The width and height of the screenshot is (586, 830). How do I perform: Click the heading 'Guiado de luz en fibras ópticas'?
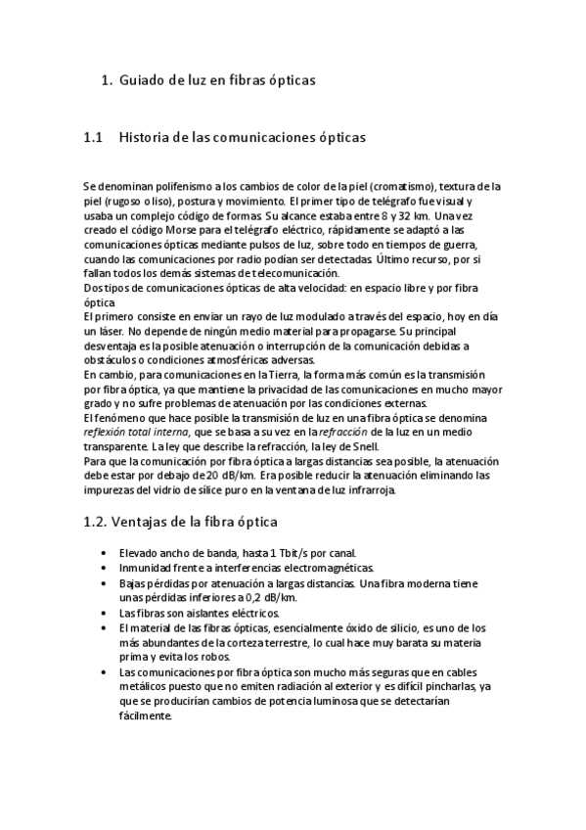[x=217, y=80]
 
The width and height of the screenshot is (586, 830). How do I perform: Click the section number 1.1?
[x=94, y=138]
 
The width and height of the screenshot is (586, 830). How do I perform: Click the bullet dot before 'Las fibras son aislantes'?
[x=105, y=613]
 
